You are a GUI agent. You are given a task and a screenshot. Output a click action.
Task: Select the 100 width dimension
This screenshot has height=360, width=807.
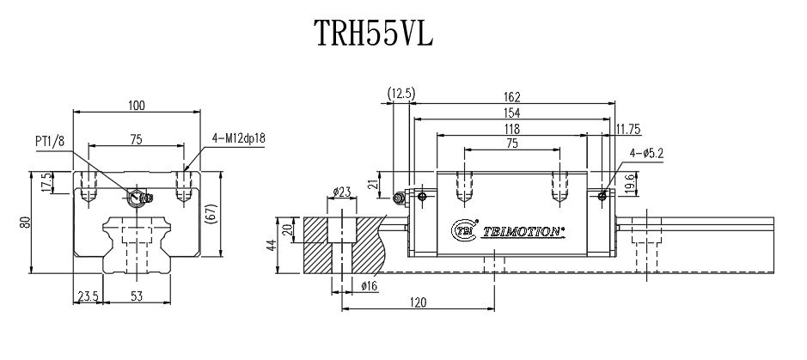point(136,106)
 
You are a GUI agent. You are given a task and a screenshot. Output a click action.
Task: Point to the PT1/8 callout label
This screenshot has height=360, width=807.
point(48,141)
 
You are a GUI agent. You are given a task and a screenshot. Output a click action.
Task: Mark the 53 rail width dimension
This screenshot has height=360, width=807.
point(136,297)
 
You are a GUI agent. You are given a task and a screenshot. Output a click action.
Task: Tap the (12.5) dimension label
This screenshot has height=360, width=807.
point(401,93)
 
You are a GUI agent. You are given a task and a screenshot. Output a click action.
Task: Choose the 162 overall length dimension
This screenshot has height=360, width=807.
point(512,98)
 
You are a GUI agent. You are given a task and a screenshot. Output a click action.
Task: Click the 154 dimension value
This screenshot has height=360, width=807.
point(512,113)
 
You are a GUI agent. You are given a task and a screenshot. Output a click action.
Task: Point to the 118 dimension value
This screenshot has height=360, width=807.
point(512,129)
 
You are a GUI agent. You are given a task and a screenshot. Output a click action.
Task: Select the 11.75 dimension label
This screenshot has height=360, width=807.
point(630,129)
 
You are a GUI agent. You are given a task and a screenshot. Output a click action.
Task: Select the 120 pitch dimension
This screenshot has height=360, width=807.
point(419,302)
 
